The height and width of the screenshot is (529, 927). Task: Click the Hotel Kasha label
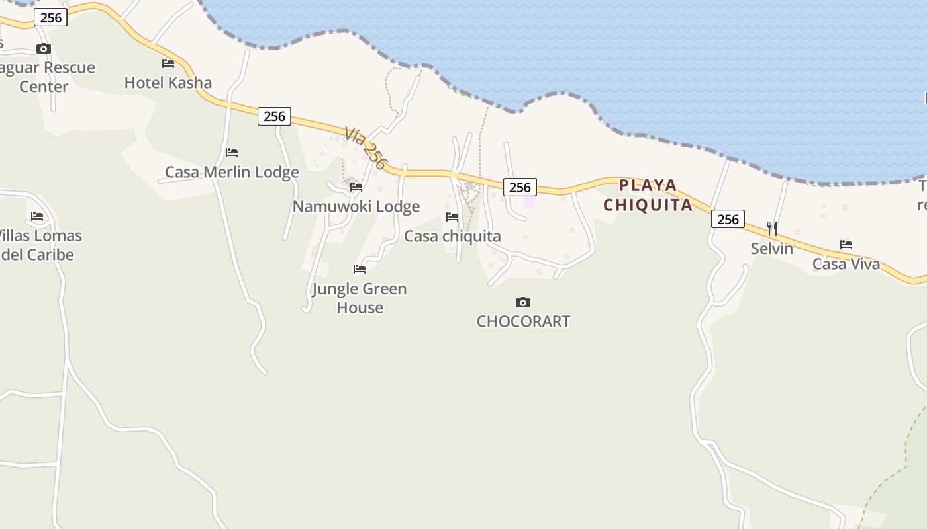click(168, 83)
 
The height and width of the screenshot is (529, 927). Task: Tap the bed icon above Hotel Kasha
click(168, 63)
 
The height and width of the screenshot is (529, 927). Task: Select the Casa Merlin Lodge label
click(232, 172)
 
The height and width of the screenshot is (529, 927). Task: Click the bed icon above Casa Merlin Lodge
click(232, 153)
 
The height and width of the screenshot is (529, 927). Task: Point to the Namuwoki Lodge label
click(356, 206)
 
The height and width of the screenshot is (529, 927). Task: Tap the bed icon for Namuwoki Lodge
click(356, 187)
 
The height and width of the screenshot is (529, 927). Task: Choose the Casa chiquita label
click(452, 236)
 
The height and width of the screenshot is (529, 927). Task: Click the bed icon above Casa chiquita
click(452, 217)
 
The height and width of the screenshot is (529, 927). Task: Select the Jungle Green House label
click(360, 298)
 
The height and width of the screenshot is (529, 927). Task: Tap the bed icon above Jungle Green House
click(360, 269)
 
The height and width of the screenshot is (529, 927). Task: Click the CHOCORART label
click(523, 321)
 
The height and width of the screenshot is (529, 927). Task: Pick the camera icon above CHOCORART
click(523, 303)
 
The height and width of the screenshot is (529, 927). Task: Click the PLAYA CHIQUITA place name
click(648, 195)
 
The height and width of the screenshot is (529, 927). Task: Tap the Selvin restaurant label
click(772, 249)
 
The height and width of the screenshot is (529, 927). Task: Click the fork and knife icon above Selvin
click(772, 229)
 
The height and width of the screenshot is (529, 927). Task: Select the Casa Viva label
click(846, 264)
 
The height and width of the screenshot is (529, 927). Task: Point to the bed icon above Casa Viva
click(846, 245)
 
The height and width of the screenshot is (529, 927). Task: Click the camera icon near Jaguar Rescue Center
click(44, 48)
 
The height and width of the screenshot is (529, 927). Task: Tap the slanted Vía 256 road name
click(365, 149)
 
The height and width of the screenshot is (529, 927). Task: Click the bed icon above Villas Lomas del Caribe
click(37, 216)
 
